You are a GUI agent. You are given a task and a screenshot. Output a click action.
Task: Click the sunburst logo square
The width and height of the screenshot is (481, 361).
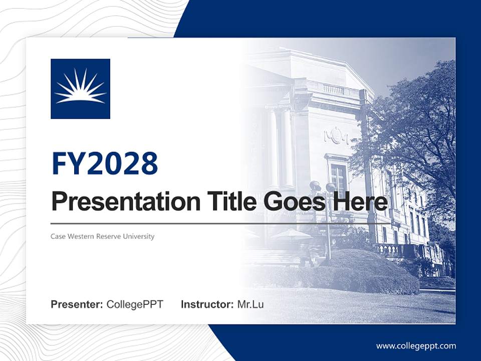pos(80,89)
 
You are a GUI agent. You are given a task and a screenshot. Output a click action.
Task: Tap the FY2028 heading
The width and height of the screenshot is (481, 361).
pos(105,163)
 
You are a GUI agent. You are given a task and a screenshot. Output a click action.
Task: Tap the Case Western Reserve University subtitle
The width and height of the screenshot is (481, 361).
pos(102,236)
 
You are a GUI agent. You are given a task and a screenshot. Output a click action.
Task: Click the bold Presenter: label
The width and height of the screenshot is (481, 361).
pos(77,304)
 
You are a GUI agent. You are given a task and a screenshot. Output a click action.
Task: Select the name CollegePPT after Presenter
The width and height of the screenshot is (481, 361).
pos(135,304)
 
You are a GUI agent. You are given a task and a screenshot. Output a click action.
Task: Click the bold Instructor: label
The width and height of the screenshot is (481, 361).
pos(207,304)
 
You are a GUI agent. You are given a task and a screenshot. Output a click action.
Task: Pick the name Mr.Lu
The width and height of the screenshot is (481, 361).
pos(251,304)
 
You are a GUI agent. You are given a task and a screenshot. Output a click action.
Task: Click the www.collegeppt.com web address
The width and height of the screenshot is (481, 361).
pos(416,346)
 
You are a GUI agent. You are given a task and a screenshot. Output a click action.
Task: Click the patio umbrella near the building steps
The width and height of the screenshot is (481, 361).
pos(292,235)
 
